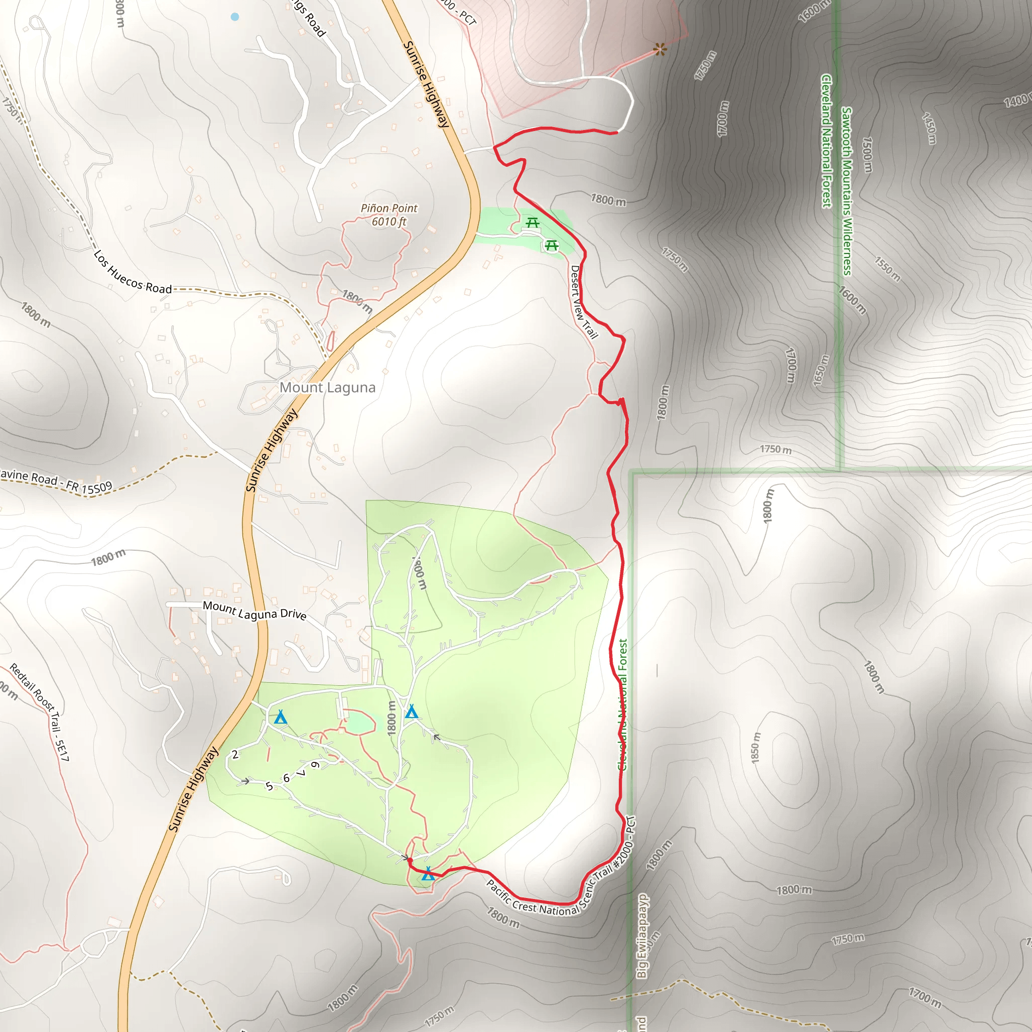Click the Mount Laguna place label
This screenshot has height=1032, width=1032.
point(328,388)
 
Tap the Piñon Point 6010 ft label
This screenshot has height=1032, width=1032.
point(389,215)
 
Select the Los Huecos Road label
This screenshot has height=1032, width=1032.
point(133,273)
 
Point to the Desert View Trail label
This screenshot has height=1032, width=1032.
point(584,302)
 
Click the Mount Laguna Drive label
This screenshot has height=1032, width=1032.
point(254,611)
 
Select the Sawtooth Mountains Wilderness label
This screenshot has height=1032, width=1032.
point(846,190)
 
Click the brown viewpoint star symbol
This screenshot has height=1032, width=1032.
point(660,50)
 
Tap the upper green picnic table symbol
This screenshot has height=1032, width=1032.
point(532,222)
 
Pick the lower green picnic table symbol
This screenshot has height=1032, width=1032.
point(552,245)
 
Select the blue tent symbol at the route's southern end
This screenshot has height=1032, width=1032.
point(428,874)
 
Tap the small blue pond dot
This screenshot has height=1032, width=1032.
point(235,17)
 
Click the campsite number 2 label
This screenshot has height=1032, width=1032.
point(235,754)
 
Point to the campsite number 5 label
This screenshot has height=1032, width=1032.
point(269,786)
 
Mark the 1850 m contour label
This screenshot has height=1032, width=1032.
point(755,747)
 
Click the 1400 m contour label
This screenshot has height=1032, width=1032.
point(1015,100)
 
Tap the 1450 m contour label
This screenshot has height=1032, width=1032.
point(929,128)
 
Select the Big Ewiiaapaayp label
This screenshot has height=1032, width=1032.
point(642,936)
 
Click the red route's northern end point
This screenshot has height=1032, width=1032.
point(617,132)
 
